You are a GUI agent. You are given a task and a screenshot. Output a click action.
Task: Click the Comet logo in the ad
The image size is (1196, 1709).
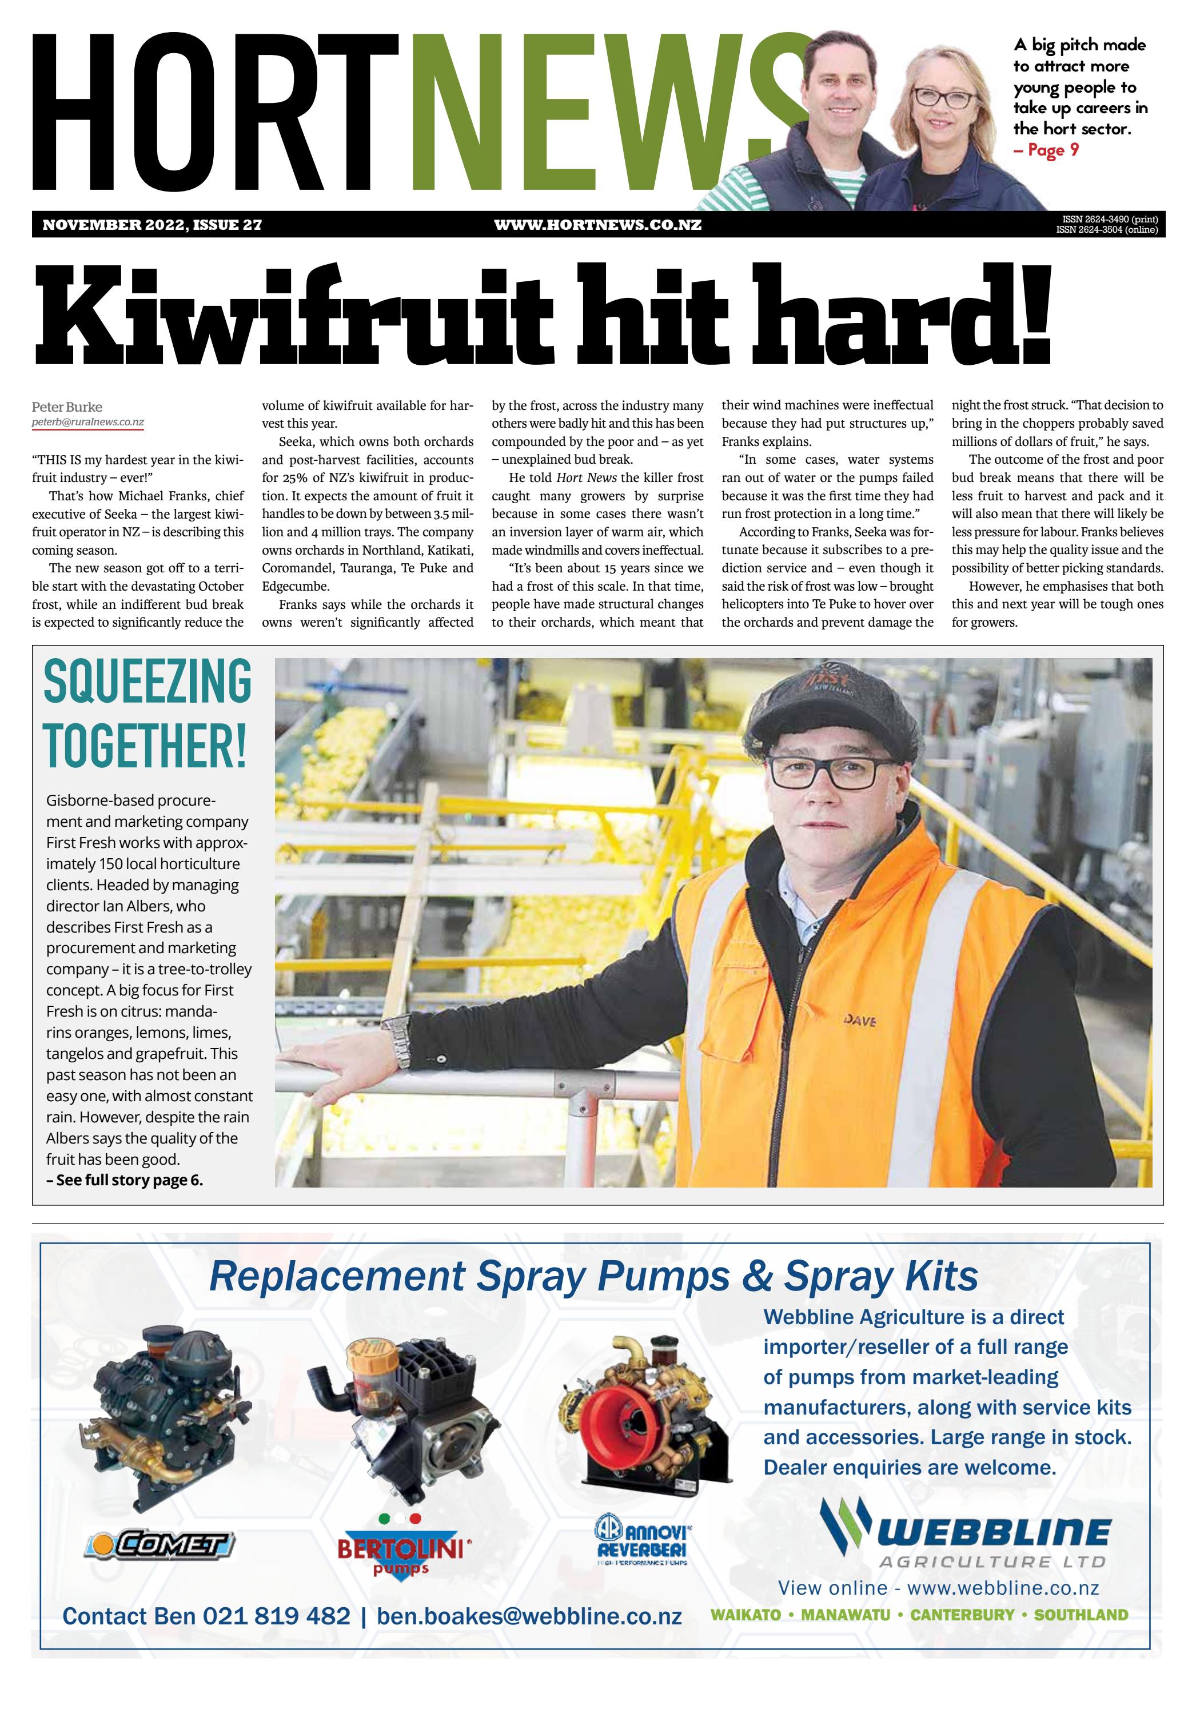160,1544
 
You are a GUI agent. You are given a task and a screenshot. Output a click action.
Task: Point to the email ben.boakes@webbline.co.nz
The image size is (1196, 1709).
529,1616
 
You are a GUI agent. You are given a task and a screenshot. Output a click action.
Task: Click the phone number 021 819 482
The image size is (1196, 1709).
276,1616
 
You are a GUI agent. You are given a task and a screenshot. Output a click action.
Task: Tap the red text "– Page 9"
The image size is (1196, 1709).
1046,150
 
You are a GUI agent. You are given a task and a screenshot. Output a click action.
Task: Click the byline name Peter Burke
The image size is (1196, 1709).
67,407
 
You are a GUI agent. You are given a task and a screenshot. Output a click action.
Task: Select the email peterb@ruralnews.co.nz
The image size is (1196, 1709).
88,422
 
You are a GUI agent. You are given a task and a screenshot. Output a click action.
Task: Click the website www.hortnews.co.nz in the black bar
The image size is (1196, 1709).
597,225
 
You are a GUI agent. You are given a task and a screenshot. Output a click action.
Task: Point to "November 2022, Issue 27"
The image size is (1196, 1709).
152,225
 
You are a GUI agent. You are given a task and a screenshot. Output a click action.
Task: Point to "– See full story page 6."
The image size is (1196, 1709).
124,1180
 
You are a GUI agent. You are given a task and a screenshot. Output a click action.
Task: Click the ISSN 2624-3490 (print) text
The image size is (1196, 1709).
1110,220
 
